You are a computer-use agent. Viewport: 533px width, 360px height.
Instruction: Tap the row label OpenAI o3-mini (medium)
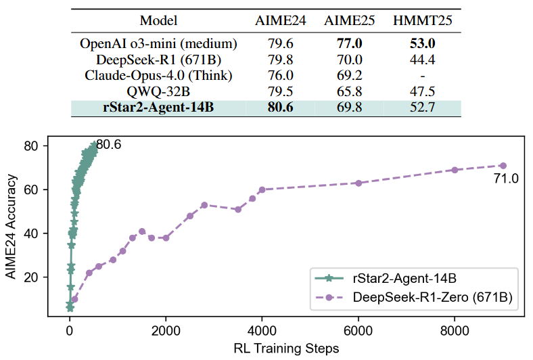click(x=159, y=44)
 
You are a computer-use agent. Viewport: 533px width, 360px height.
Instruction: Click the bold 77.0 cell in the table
click(x=351, y=44)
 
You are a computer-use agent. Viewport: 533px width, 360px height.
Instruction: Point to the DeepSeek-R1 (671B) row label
click(x=159, y=60)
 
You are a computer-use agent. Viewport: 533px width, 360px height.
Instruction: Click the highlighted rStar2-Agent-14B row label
click(x=159, y=107)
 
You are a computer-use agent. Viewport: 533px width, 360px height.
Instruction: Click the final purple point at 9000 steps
click(x=503, y=165)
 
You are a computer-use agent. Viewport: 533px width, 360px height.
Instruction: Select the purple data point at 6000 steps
click(x=358, y=183)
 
